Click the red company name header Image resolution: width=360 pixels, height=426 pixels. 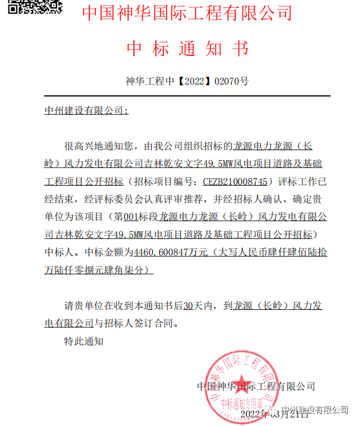coord(187,13)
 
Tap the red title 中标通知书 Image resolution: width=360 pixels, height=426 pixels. coord(187,49)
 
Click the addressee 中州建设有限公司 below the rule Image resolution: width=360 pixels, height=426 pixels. coord(86,111)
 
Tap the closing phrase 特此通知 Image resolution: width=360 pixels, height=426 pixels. coord(84,341)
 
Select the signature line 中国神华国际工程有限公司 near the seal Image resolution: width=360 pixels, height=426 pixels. coord(256,387)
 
